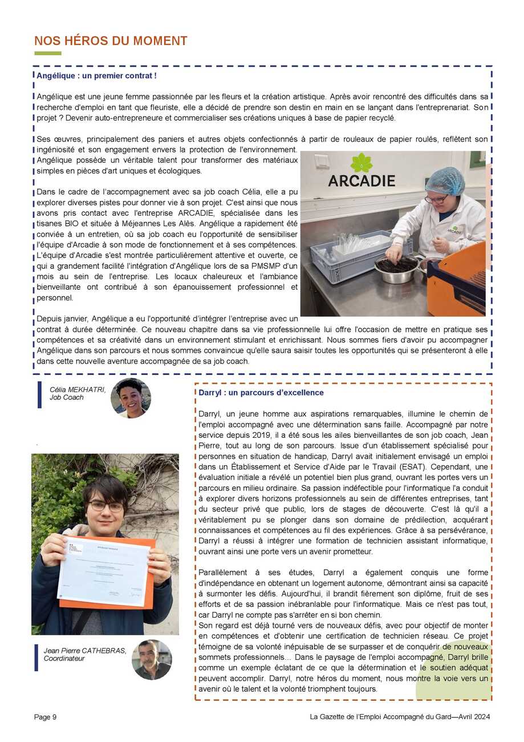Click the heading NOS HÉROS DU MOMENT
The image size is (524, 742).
111,41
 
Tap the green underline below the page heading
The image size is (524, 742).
47,54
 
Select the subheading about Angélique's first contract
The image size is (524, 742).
96,75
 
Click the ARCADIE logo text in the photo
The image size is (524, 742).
361,181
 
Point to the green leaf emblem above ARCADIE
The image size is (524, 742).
361,162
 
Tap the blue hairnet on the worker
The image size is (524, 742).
445,180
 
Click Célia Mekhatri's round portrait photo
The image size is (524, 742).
131,398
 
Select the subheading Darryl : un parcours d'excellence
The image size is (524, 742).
261,393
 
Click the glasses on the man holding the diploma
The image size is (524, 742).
106,506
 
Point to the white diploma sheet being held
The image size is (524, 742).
104,571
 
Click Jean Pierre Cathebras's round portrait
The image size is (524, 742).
152,659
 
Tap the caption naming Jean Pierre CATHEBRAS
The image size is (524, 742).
85,654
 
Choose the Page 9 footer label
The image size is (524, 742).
46,717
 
